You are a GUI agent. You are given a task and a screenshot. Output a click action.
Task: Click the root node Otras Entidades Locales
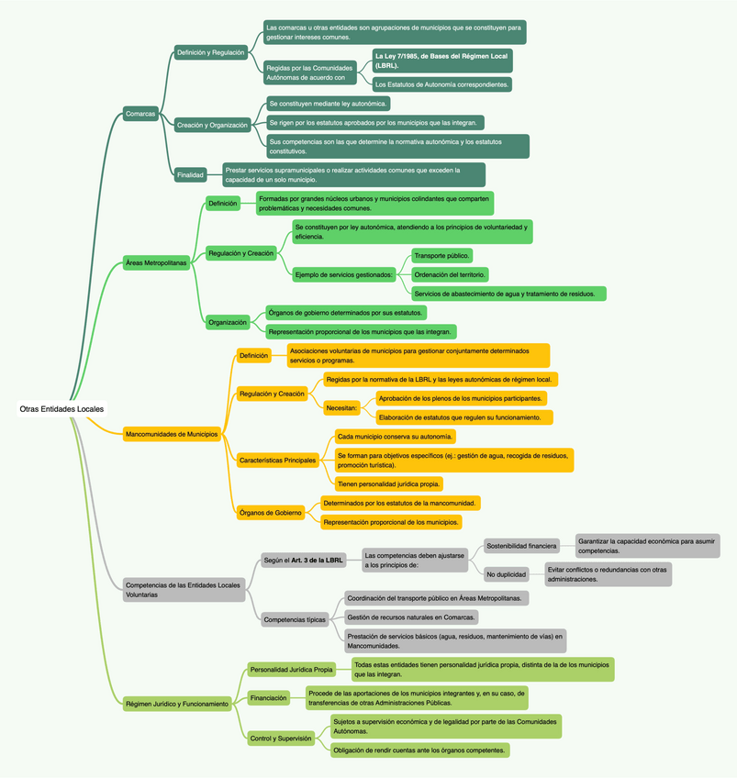click(61, 408)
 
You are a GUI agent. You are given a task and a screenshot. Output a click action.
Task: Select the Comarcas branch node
click(140, 113)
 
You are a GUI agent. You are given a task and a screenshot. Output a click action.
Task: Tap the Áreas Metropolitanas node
click(155, 262)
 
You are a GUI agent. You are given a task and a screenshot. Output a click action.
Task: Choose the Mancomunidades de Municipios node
click(172, 433)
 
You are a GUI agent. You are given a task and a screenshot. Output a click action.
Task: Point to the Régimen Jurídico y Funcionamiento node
click(176, 704)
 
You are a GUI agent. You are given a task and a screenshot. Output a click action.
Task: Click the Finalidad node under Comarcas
click(190, 174)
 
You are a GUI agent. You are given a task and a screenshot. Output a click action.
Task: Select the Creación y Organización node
click(212, 125)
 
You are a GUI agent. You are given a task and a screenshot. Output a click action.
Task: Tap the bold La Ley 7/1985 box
click(441, 61)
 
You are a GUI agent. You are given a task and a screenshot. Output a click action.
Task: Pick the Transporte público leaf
click(441, 255)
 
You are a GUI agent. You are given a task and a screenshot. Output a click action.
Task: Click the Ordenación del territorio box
click(450, 274)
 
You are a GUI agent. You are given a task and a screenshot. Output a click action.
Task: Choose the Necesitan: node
click(342, 406)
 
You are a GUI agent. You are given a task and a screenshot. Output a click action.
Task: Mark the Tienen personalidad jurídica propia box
click(389, 483)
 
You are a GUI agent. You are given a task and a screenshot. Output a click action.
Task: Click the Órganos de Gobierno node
click(270, 512)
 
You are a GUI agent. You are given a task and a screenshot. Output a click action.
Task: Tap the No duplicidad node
click(506, 574)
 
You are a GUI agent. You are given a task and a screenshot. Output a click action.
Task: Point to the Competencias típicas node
click(295, 619)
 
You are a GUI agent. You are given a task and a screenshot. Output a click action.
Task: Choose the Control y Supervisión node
click(281, 737)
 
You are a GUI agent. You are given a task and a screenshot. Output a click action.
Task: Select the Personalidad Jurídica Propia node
click(291, 669)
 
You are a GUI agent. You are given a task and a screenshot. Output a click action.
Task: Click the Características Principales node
click(277, 459)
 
